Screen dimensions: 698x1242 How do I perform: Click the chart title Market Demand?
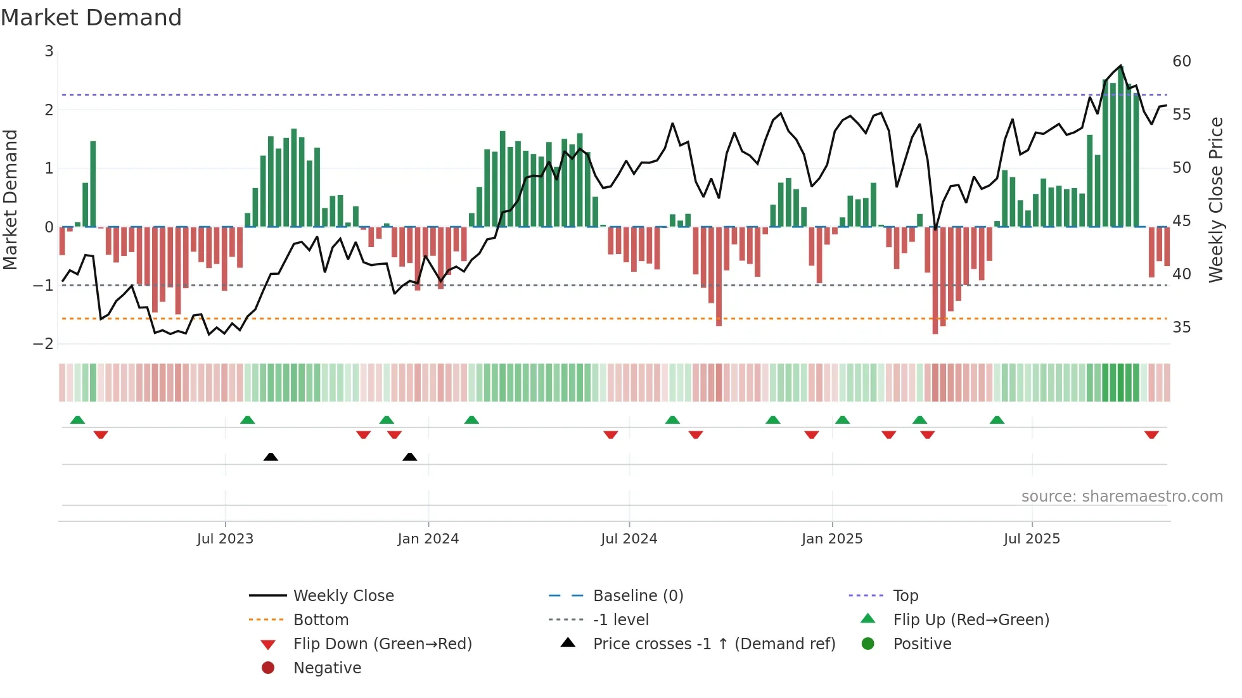click(91, 18)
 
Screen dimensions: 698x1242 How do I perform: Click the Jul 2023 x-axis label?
click(225, 539)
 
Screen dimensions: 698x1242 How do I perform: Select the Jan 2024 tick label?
click(428, 539)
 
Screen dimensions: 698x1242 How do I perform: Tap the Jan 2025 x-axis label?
click(831, 539)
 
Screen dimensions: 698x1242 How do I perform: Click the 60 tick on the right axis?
click(1181, 61)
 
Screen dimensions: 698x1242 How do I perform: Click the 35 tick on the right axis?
click(1181, 327)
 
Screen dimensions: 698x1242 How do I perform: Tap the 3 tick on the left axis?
click(49, 51)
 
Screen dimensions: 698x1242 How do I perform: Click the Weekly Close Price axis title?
click(1215, 200)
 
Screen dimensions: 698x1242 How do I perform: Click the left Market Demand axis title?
click(10, 200)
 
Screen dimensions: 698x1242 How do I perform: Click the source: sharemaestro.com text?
click(1122, 497)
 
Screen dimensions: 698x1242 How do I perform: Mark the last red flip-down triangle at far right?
click(1151, 435)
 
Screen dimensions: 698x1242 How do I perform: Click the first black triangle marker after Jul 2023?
click(271, 457)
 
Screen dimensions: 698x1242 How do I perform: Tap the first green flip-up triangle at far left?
click(77, 420)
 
